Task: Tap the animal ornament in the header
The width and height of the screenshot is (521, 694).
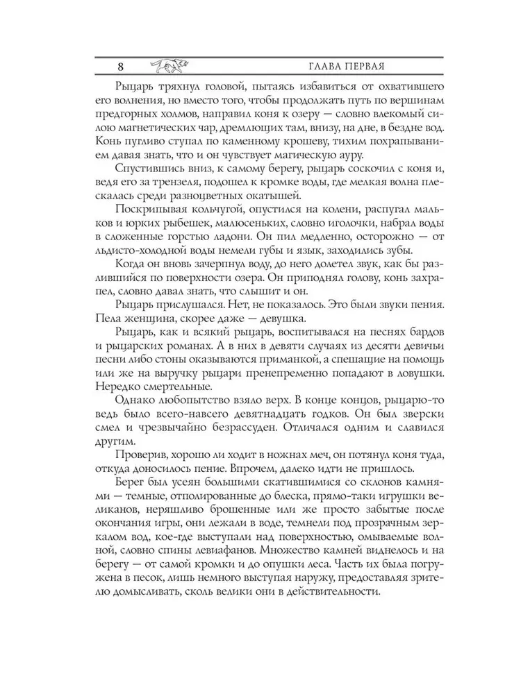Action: point(167,66)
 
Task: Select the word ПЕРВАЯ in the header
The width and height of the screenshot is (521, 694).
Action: point(362,67)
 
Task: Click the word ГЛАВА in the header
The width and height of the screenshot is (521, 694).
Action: point(318,67)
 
